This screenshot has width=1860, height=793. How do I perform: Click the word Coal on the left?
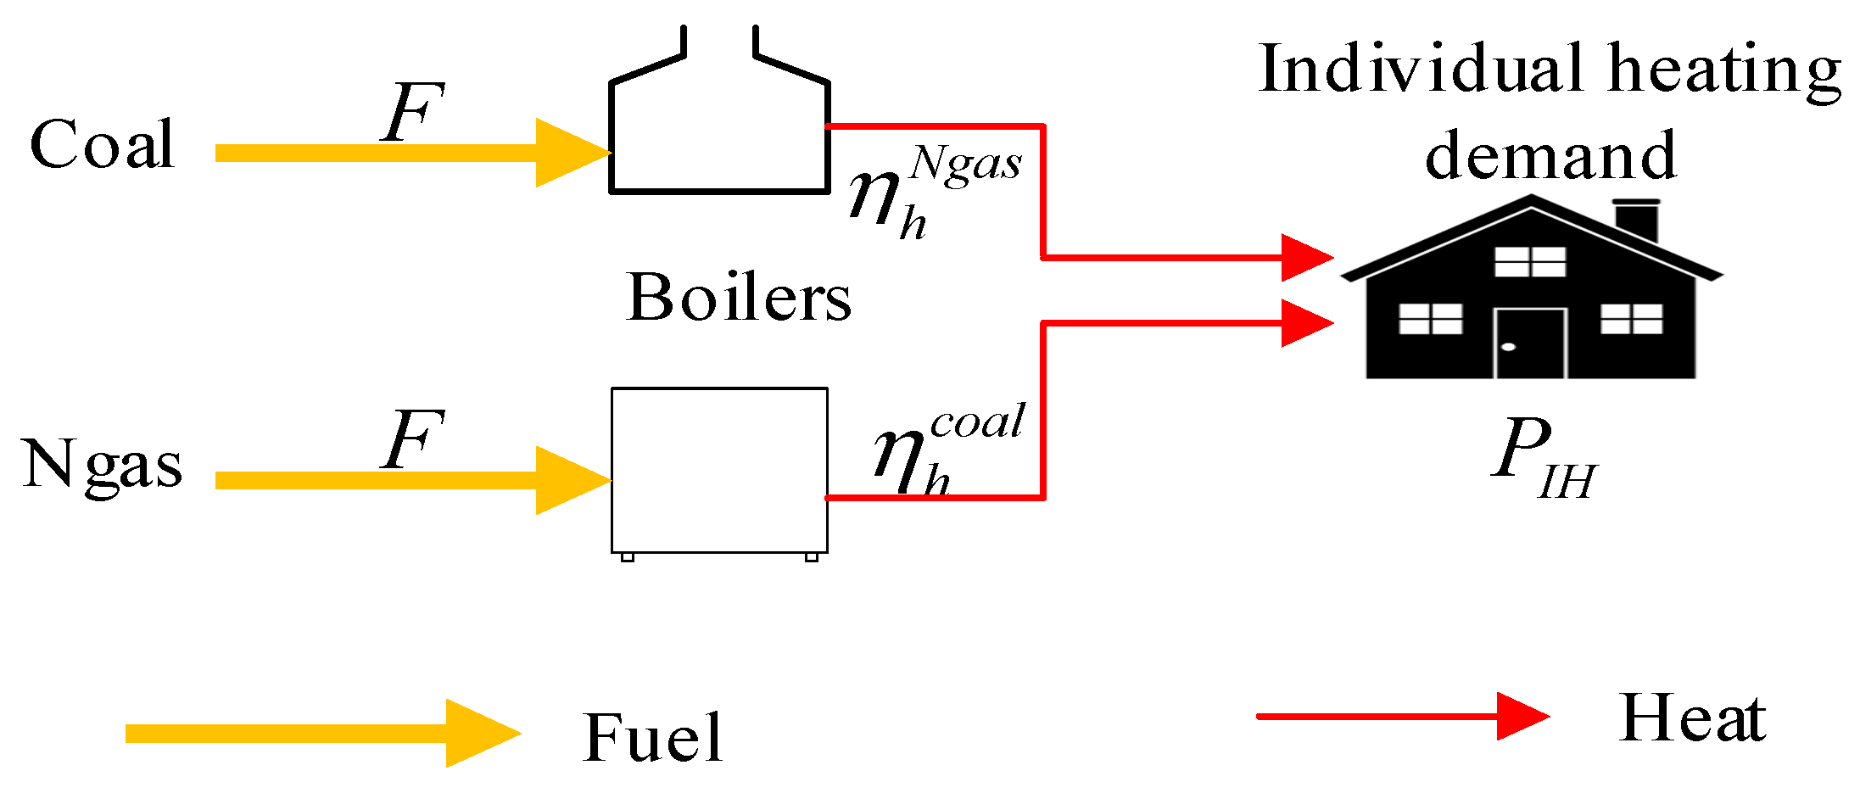pyautogui.click(x=102, y=144)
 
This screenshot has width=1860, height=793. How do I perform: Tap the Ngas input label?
pyautogui.click(x=102, y=465)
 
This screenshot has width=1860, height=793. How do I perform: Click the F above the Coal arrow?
pyautogui.click(x=412, y=112)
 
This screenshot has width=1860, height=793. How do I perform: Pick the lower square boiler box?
pyautogui.click(x=719, y=471)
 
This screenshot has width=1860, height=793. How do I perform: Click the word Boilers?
pyautogui.click(x=738, y=299)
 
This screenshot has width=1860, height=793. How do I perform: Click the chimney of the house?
pyautogui.click(x=1636, y=220)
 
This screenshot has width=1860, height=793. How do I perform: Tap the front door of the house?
pyautogui.click(x=1530, y=343)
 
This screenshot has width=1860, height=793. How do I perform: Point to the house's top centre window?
pyautogui.click(x=1530, y=262)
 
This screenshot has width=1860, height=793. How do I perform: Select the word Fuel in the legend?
pyautogui.click(x=652, y=738)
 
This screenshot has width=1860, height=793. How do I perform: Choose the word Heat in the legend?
pyautogui.click(x=1692, y=718)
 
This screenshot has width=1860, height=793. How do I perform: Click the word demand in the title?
pyautogui.click(x=1550, y=156)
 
